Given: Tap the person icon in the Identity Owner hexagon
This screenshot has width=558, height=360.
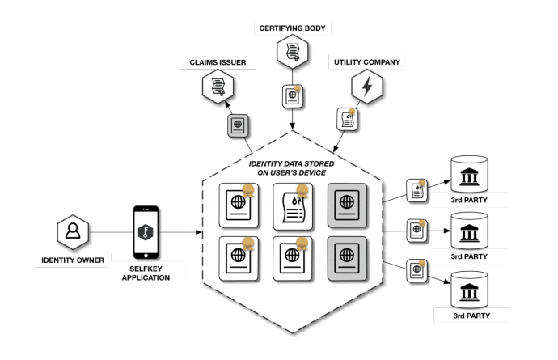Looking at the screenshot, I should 71,231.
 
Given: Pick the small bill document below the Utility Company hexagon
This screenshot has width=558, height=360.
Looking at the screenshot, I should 347,121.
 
